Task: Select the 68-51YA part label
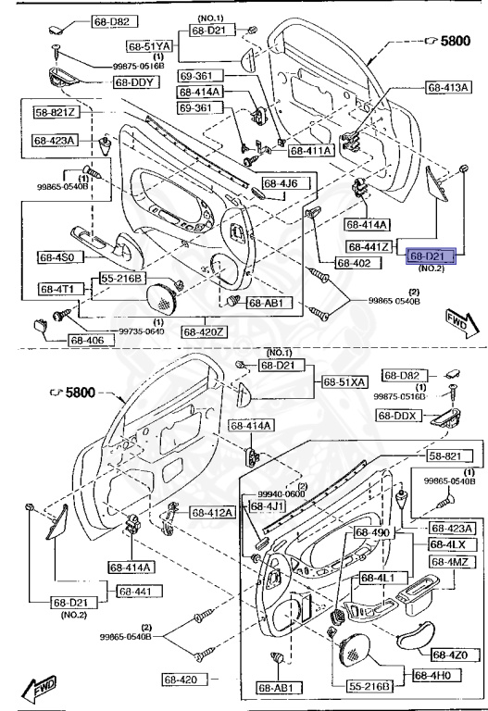pos(151,45)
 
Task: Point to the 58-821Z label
pos(57,113)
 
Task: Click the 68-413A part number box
pos(449,87)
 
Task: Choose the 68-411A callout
pos(310,150)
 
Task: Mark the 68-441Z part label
pos(372,246)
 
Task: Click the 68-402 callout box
pos(353,263)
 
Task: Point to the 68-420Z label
pos(204,331)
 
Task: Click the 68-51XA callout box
pos(344,381)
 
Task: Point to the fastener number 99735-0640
pos(116,331)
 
